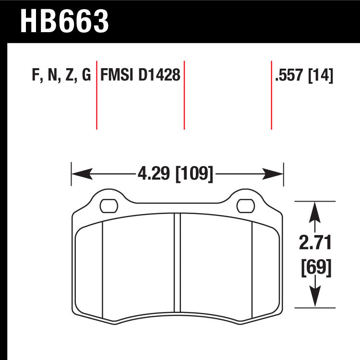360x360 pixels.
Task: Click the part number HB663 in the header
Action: [x=64, y=21]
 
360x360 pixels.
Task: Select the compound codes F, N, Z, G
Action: [x=60, y=76]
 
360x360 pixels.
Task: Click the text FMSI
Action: [x=117, y=76]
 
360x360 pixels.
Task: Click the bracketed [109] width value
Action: [x=194, y=172]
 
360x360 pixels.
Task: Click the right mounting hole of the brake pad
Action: [x=245, y=206]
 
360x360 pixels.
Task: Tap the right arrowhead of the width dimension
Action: [x=278, y=172]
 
